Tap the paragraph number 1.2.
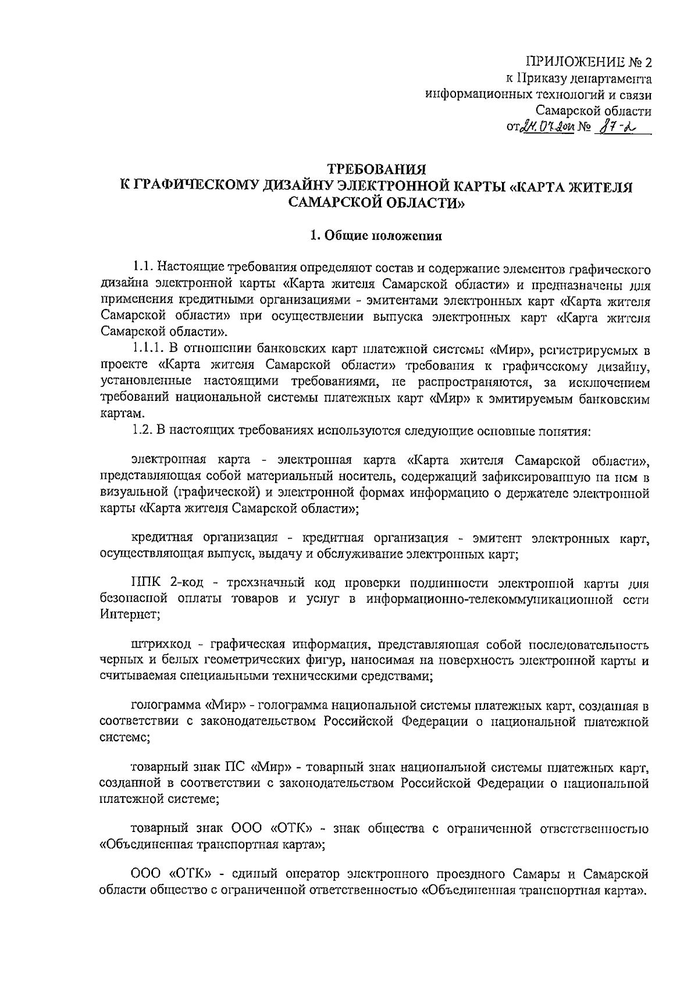click(x=143, y=431)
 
